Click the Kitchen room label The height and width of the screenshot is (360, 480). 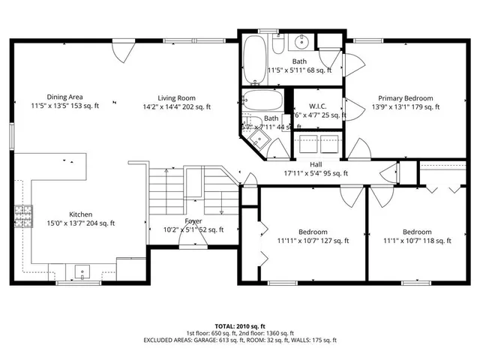81,213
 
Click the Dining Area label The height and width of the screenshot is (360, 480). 64,97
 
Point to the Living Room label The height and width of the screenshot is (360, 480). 176,97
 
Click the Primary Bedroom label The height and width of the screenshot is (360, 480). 405,97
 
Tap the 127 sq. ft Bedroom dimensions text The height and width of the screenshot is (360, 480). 313,241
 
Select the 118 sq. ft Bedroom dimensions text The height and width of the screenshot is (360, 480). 416,241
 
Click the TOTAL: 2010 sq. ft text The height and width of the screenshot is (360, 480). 240,327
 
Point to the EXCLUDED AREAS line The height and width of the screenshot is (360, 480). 240,339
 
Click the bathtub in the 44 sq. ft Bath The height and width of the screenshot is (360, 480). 262,100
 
